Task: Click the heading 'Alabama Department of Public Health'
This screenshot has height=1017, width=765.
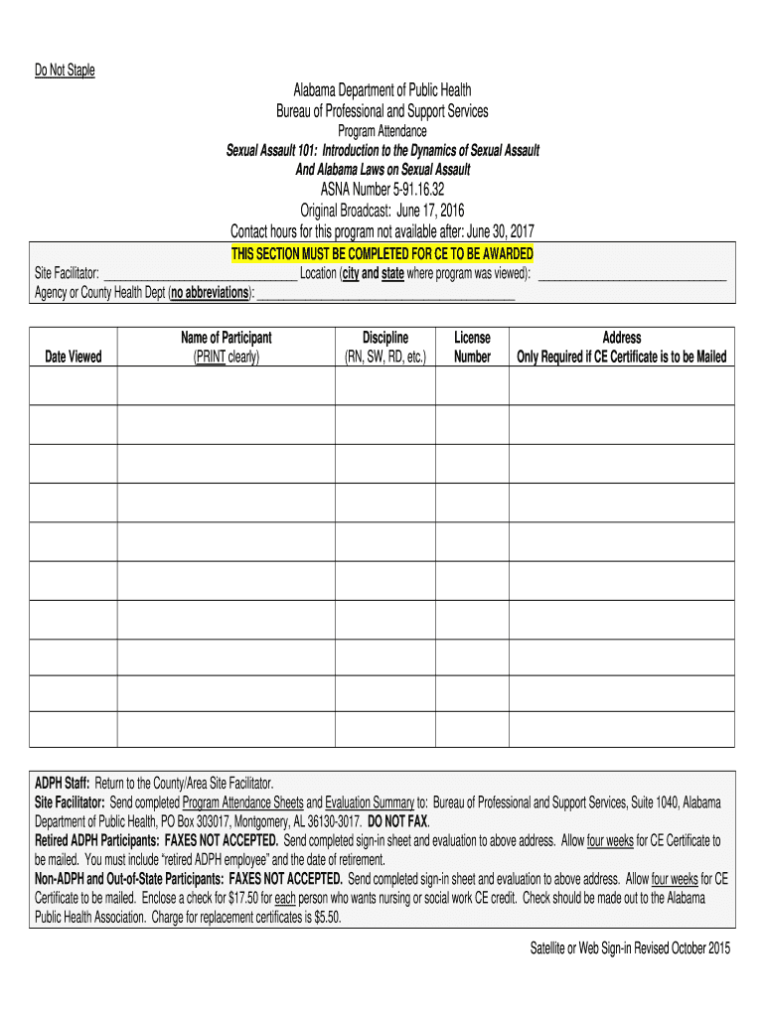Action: [x=382, y=91]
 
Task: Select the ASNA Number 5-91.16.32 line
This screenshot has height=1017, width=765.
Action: [x=382, y=190]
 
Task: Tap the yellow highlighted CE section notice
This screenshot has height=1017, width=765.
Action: [x=382, y=253]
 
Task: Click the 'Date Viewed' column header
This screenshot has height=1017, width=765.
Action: [x=74, y=357]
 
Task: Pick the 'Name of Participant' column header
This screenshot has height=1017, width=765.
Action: [x=226, y=347]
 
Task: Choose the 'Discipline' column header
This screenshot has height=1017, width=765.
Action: [x=384, y=347]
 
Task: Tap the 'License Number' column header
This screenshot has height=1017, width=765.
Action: [x=472, y=347]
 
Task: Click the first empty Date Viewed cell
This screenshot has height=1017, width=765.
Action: [x=74, y=385]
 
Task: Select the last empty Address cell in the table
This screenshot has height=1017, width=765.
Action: [x=622, y=729]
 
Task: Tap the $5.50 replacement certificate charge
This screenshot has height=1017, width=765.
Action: [x=324, y=918]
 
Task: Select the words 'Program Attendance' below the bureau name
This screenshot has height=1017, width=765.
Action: [x=382, y=131]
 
